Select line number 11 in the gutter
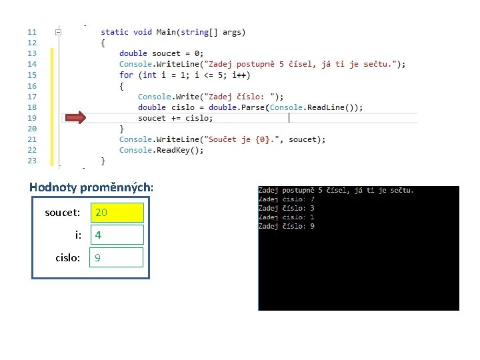(32, 32)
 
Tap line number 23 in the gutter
(32, 161)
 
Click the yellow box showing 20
(117, 213)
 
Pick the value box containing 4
(117, 235)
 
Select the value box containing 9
(117, 257)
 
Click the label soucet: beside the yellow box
(63, 213)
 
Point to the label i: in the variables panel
(78, 235)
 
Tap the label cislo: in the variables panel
(68, 257)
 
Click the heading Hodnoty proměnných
(91, 187)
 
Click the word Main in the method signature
(165, 32)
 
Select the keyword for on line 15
(126, 75)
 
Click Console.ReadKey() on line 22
(161, 150)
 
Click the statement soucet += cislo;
(176, 118)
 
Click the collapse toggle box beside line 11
(59, 32)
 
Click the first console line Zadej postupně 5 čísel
(336, 190)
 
